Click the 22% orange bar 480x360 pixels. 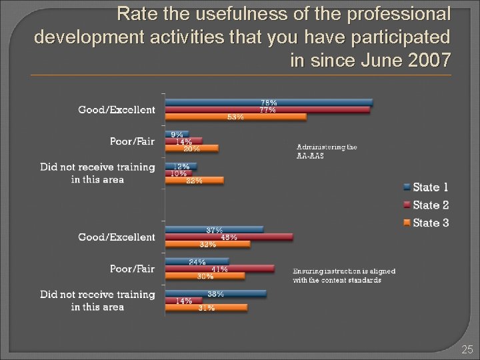click(194, 181)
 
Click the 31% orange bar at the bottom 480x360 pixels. click(206, 308)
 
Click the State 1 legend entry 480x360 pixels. click(427, 187)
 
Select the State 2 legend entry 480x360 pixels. click(427, 205)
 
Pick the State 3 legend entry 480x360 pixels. click(427, 223)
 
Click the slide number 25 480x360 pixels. click(467, 349)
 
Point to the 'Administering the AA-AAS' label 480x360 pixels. click(327, 151)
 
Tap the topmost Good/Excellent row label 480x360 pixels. click(117, 110)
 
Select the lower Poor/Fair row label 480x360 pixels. click(132, 269)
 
